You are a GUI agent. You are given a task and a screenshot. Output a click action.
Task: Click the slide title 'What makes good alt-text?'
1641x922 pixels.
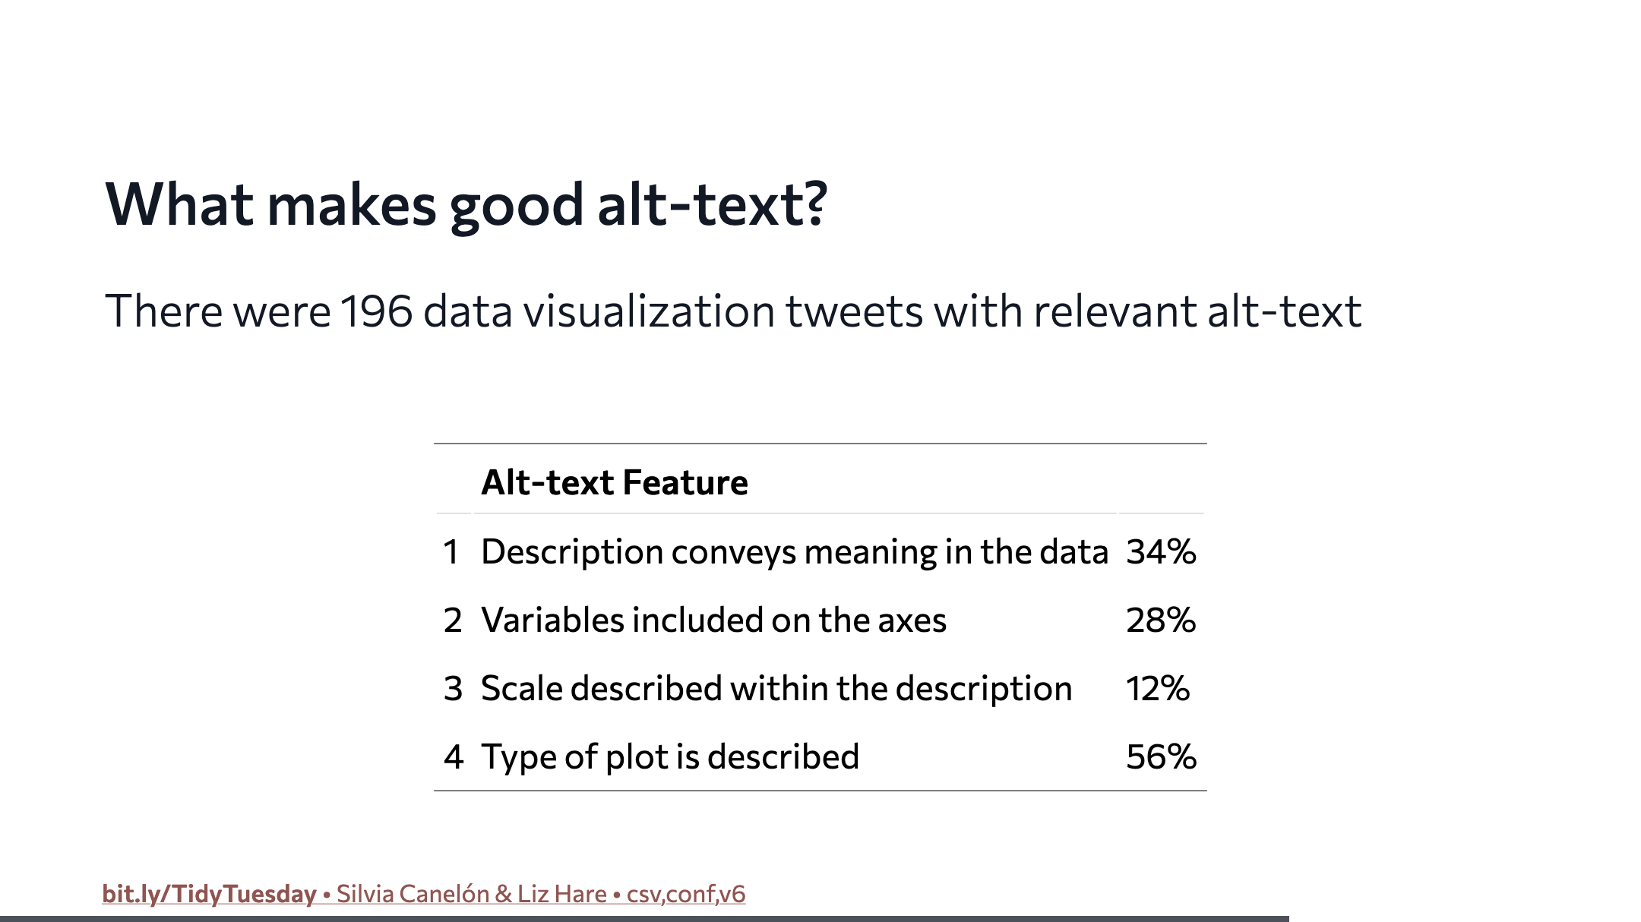pyautogui.click(x=466, y=205)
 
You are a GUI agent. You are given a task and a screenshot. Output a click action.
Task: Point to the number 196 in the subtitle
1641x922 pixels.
pyautogui.click(x=376, y=311)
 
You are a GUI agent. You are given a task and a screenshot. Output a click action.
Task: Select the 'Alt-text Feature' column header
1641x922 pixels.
pyautogui.click(x=615, y=482)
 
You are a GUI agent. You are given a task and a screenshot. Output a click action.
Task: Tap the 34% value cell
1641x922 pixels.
pyautogui.click(x=1161, y=552)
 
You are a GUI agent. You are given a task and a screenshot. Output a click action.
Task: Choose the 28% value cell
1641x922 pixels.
pyautogui.click(x=1161, y=620)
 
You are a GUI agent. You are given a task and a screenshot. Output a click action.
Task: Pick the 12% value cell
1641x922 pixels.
pyautogui.click(x=1158, y=689)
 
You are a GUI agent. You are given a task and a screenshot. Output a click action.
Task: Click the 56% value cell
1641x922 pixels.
pyautogui.click(x=1161, y=757)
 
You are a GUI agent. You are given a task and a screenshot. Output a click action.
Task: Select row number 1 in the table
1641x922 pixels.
pyautogui.click(x=452, y=552)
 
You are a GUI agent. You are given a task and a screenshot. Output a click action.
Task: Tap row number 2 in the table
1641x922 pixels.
pyautogui.click(x=453, y=620)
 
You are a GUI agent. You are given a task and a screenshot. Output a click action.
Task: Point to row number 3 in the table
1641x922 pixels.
pyautogui.click(x=453, y=689)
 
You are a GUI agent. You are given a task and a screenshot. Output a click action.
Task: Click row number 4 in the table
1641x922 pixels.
pyautogui.click(x=454, y=757)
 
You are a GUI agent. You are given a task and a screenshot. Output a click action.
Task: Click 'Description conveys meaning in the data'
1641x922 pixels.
pyautogui.click(x=795, y=552)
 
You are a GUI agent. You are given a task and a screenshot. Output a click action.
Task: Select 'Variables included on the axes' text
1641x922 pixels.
pyautogui.click(x=714, y=620)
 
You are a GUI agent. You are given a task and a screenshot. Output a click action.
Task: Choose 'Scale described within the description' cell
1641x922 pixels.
pyautogui.click(x=776, y=689)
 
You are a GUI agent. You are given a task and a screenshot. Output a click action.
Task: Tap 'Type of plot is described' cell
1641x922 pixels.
pyautogui.click(x=670, y=757)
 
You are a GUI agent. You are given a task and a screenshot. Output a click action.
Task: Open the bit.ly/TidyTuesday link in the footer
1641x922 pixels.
pyautogui.click(x=209, y=894)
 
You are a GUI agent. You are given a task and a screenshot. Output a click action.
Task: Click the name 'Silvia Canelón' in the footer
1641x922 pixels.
pyautogui.click(x=413, y=894)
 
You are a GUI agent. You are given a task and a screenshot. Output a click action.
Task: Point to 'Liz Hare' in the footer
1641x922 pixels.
pyautogui.click(x=562, y=894)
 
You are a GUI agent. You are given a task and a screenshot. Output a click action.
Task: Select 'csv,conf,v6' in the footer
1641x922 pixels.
pyautogui.click(x=686, y=894)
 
